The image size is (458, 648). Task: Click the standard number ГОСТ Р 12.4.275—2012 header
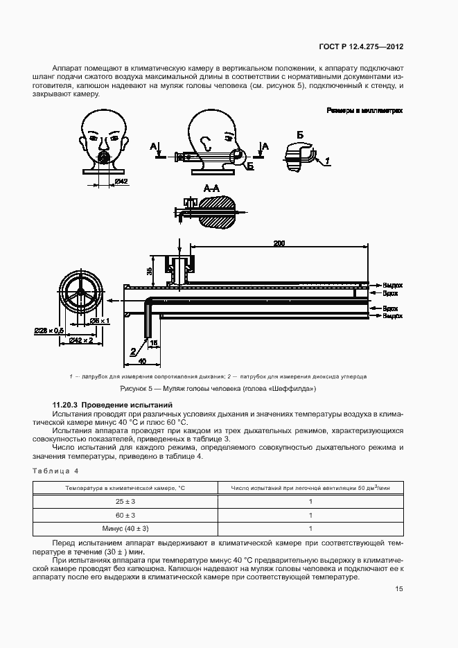[x=370, y=47]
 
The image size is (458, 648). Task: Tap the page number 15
[x=399, y=590]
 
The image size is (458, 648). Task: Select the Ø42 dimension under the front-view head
[x=121, y=182]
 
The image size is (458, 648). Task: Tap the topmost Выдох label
[x=392, y=285]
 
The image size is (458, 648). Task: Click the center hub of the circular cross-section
[x=81, y=292]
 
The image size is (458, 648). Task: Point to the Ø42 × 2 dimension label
[x=85, y=340]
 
